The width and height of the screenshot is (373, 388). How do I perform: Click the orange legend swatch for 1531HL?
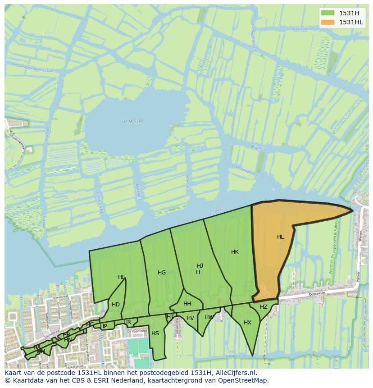(x=328, y=22)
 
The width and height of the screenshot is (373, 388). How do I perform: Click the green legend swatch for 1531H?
(x=328, y=13)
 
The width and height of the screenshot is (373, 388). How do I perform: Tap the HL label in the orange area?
(x=281, y=237)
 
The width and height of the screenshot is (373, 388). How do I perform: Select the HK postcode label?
(x=235, y=252)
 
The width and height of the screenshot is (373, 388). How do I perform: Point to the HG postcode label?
(x=162, y=273)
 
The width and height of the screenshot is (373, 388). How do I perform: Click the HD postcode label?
(x=116, y=305)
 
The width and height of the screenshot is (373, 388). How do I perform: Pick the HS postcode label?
(x=155, y=333)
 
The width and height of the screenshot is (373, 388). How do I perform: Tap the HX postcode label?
(x=247, y=323)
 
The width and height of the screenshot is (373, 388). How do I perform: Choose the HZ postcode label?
(x=264, y=307)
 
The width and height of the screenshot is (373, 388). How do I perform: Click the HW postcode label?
(x=209, y=317)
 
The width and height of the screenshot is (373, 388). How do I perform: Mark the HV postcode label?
(x=190, y=318)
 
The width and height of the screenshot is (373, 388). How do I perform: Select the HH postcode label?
(x=187, y=304)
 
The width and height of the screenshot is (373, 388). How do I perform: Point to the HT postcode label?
(x=170, y=317)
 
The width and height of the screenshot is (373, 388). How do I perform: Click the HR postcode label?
(x=127, y=322)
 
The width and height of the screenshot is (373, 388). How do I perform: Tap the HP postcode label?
(x=104, y=326)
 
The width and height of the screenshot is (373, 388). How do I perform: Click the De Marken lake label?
(x=132, y=121)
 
